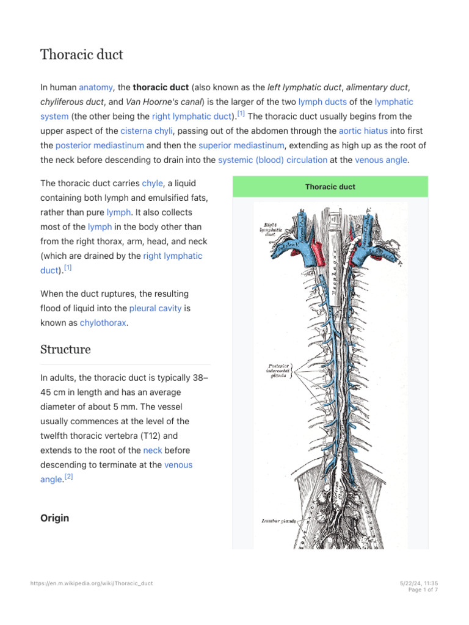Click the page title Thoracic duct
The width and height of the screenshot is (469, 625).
pyautogui.click(x=82, y=55)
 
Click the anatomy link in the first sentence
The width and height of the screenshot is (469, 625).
pyautogui.click(x=96, y=87)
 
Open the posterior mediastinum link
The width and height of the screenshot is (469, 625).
pyautogui.click(x=100, y=145)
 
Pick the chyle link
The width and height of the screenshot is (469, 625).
pyautogui.click(x=153, y=183)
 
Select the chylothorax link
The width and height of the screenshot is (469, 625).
pyautogui.click(x=103, y=323)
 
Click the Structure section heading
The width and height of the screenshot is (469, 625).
pyautogui.click(x=65, y=350)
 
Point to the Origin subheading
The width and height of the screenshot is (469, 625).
pyautogui.click(x=54, y=518)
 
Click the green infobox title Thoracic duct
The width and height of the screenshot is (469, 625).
pyautogui.click(x=330, y=187)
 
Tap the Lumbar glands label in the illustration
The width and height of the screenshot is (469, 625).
pyautogui.click(x=278, y=521)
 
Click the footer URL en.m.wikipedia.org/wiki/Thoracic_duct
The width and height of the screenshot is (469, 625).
pyautogui.click(x=92, y=583)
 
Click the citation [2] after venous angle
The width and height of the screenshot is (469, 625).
pyautogui.click(x=68, y=477)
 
